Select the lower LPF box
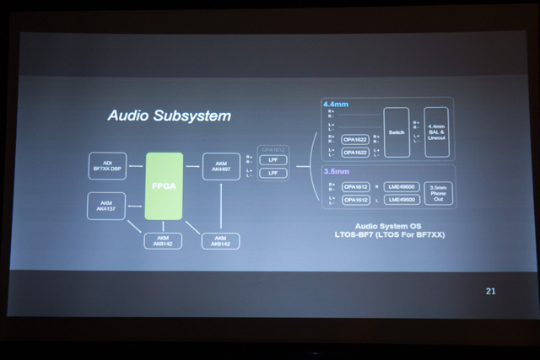point(273,173)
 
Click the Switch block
point(397,132)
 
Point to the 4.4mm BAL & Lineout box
point(437,132)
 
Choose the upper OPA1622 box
point(354,139)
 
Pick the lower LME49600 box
point(404,200)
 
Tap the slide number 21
point(491,291)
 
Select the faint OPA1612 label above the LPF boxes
point(273,149)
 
